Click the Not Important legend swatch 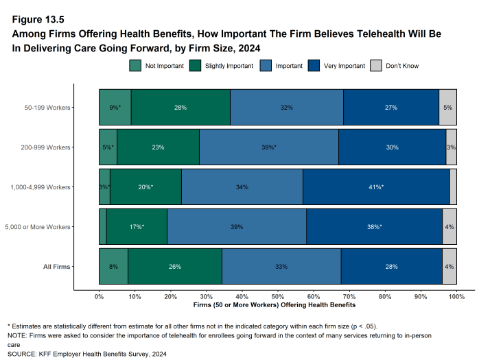tap(135, 66)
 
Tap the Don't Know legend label tap(402, 66)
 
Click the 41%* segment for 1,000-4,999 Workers tap(376, 187)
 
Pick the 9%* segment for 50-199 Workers tap(115, 107)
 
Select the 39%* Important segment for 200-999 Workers tap(268, 147)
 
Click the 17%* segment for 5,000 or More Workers tap(137, 226)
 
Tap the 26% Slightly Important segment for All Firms tap(174, 266)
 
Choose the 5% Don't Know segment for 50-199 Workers tap(447, 107)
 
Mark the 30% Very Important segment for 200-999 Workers tap(392, 147)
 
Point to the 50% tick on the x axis tap(278, 297)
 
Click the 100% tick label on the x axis tap(456, 297)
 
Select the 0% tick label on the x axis tap(99, 297)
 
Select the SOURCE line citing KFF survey tap(86, 354)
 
